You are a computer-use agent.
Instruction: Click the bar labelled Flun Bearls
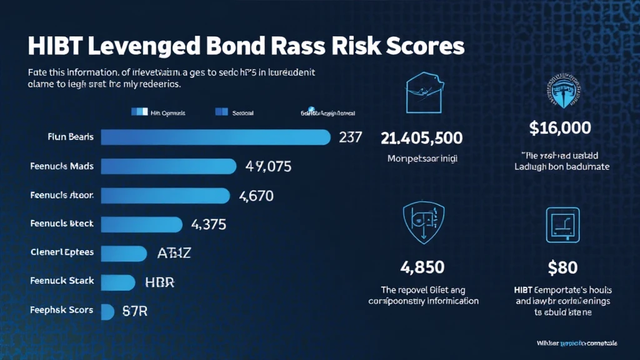pyautogui.click(x=215, y=137)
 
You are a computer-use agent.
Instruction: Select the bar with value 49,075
pyautogui.click(x=169, y=166)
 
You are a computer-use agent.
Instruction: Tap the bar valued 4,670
pyautogui.click(x=165, y=195)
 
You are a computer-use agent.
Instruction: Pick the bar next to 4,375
pyautogui.click(x=141, y=224)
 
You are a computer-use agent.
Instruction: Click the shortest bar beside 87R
pyautogui.click(x=107, y=310)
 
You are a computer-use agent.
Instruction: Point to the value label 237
pyautogui.click(x=350, y=137)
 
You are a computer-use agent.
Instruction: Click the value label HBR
pyautogui.click(x=159, y=282)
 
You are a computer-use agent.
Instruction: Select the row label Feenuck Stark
pyautogui.click(x=62, y=281)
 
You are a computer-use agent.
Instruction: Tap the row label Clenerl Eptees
pyautogui.click(x=62, y=252)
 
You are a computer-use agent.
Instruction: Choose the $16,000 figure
pyautogui.click(x=560, y=129)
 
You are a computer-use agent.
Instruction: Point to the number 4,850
pyautogui.click(x=422, y=267)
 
